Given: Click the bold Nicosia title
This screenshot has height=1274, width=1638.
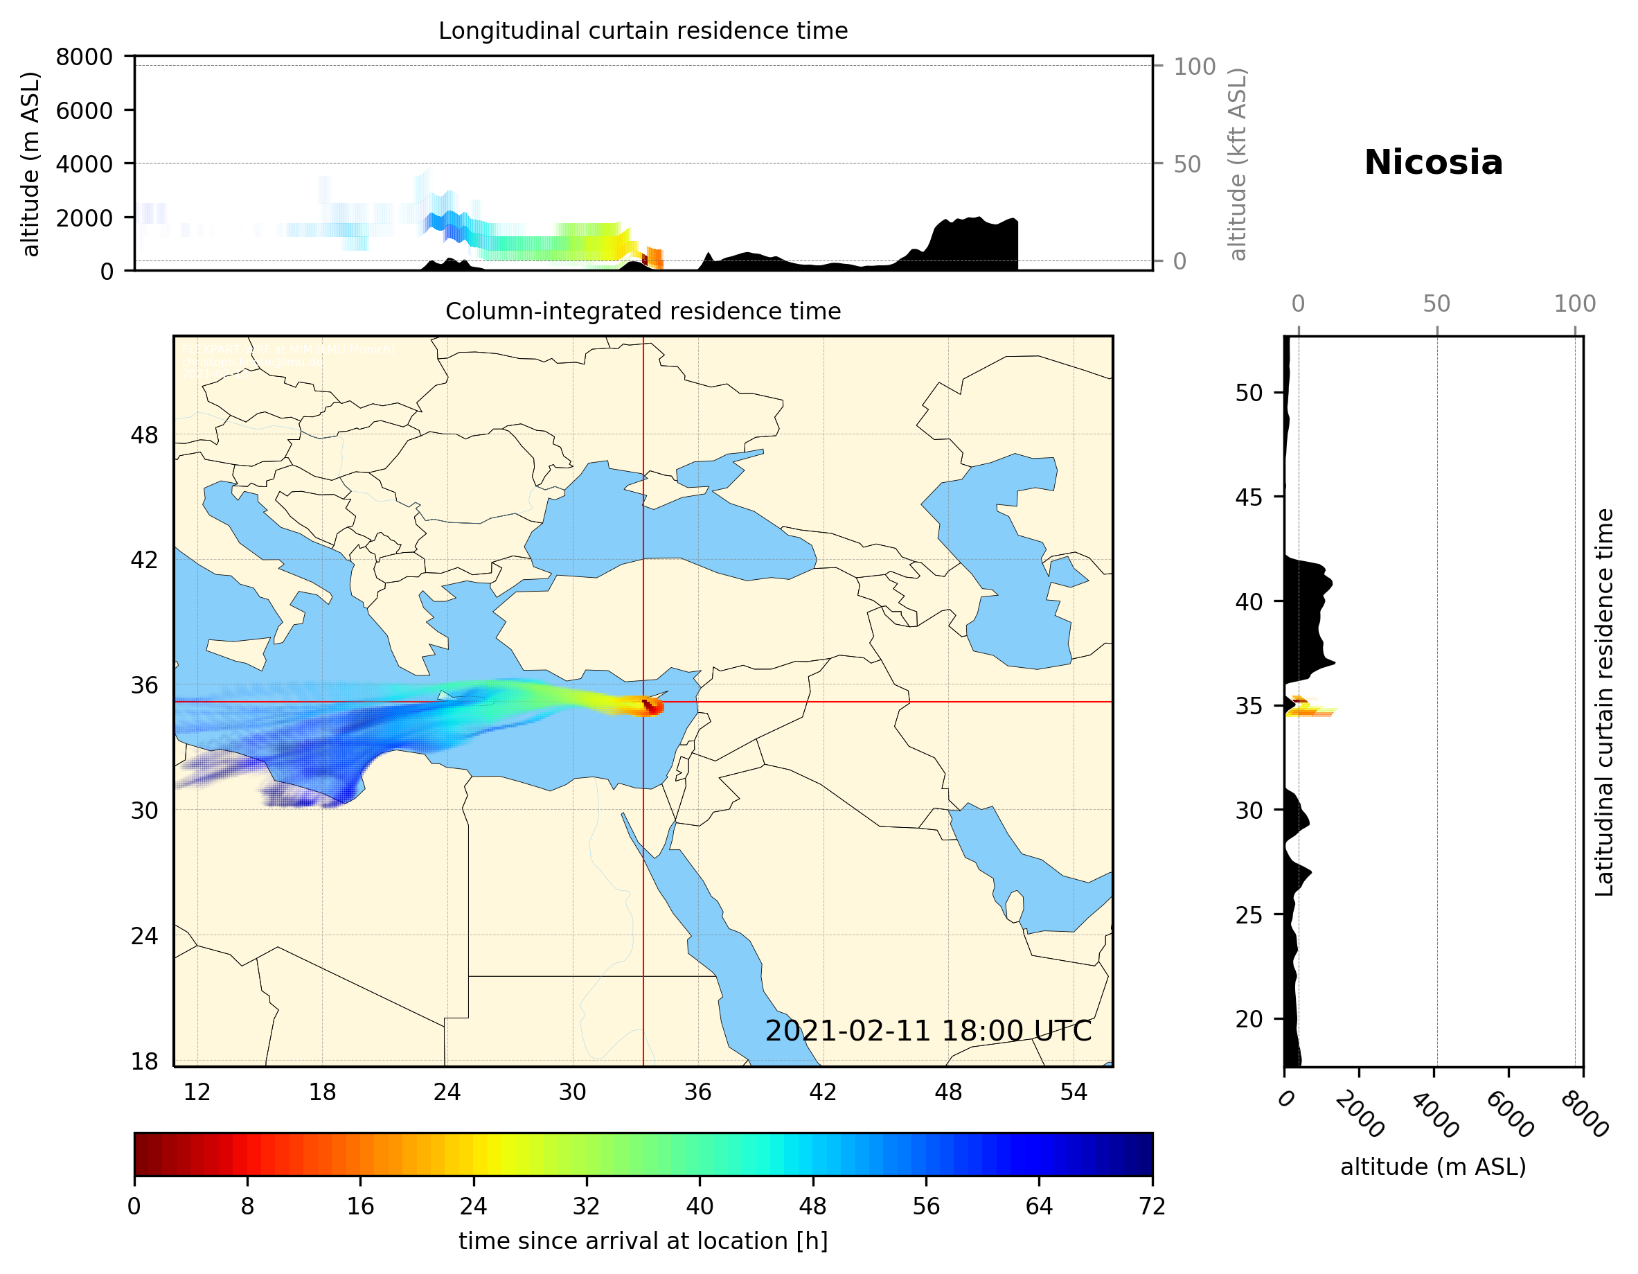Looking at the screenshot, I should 1433,163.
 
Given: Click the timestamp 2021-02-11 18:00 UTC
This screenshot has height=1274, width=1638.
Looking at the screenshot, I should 928,1031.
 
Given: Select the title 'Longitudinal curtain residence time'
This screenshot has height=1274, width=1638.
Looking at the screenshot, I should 643,30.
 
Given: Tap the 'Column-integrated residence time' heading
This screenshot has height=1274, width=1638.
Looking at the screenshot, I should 643,311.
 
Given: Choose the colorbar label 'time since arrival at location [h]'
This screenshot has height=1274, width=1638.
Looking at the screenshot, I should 643,1241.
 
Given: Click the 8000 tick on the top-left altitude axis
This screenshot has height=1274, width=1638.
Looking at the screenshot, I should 84,57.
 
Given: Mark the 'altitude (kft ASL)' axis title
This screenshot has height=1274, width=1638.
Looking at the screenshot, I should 1238,164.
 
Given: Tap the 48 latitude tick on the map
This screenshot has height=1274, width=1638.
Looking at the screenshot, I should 144,435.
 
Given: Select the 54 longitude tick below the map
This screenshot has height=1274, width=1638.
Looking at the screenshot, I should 1074,1092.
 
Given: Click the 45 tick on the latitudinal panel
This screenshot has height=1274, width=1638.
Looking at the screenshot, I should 1249,497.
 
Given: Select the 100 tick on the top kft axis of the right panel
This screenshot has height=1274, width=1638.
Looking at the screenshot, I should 1574,304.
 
